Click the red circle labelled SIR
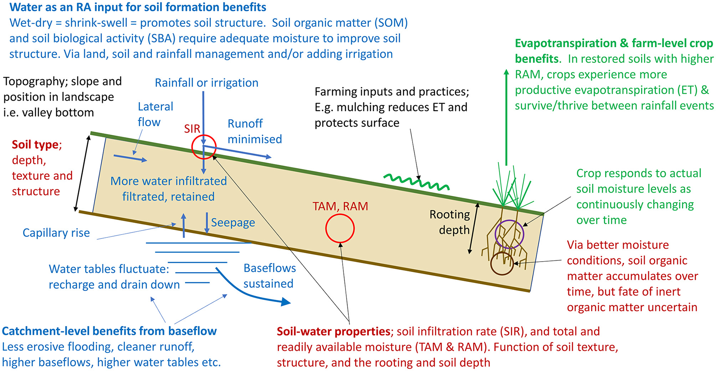204,147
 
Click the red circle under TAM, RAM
340,228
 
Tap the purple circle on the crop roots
509,234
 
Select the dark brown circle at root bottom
502,264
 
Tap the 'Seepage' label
233,222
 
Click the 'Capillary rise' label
56,233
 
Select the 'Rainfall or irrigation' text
206,83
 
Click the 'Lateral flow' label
155,114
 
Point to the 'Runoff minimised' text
254,131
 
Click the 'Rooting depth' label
450,222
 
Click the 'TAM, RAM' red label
340,206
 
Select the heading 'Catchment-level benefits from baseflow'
109,331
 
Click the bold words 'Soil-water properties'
333,331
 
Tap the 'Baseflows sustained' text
269,276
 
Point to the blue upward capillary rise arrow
184,226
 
